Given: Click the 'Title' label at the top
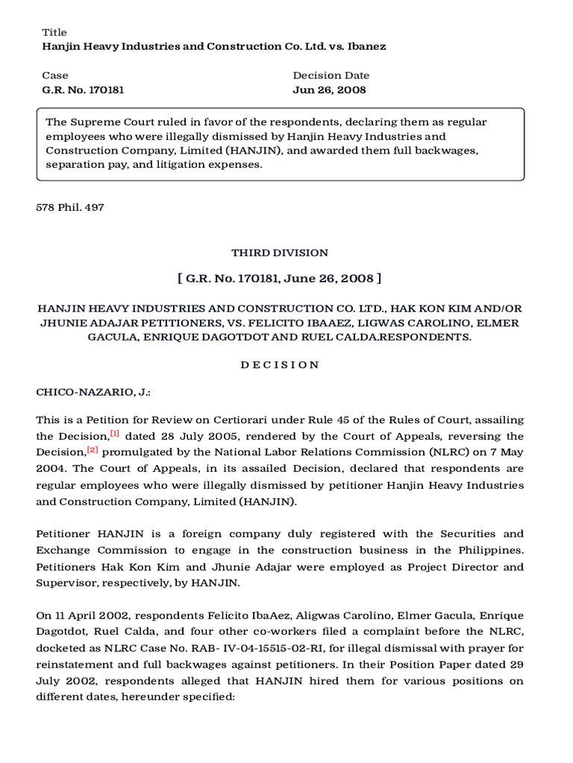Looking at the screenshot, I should click(54, 32).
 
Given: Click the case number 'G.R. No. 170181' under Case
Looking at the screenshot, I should click(83, 89).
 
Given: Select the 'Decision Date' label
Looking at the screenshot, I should click(331, 75).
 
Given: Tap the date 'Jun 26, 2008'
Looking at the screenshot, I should click(329, 89).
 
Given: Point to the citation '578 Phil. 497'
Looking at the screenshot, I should click(70, 207).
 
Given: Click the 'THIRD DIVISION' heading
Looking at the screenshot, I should click(280, 253).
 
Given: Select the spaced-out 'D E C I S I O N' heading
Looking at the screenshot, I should click(280, 364).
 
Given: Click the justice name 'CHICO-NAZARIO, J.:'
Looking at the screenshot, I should click(93, 392).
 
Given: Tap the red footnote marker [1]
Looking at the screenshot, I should click(115, 433).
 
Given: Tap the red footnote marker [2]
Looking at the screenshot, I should click(93, 449).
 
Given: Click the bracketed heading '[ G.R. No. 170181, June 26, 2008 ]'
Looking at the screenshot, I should click(280, 279).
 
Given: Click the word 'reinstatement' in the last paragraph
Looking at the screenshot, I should click(73, 665).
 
